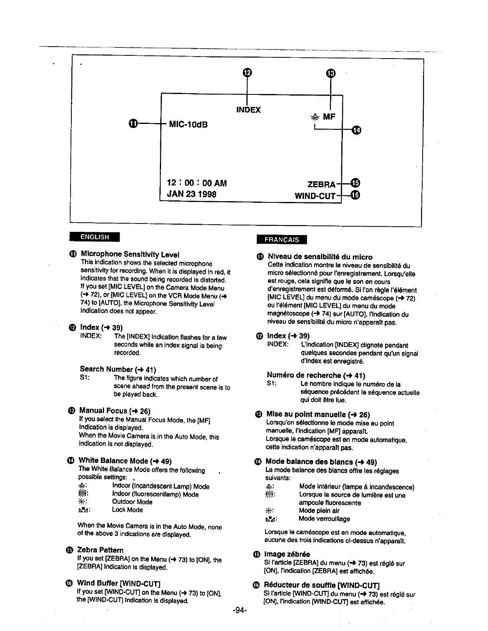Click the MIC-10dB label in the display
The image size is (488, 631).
pos(189,125)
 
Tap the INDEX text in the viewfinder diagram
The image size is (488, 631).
pos(248,110)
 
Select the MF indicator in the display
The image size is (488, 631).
pos(329,117)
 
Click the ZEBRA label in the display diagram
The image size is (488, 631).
pos(321,184)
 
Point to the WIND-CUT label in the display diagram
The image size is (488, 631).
pos(315,196)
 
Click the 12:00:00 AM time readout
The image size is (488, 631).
pos(197,183)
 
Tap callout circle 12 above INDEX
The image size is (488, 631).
pos(247,72)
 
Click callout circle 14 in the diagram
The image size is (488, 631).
pos(357,130)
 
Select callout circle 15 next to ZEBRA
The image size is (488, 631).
pos(356,183)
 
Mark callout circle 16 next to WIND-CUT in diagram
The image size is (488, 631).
pos(356,195)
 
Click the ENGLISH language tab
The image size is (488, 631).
pos(94,237)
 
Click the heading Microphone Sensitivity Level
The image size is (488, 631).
pos(130,254)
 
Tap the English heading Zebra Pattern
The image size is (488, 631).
pos(100,550)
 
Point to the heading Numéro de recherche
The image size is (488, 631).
pos(316,375)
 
